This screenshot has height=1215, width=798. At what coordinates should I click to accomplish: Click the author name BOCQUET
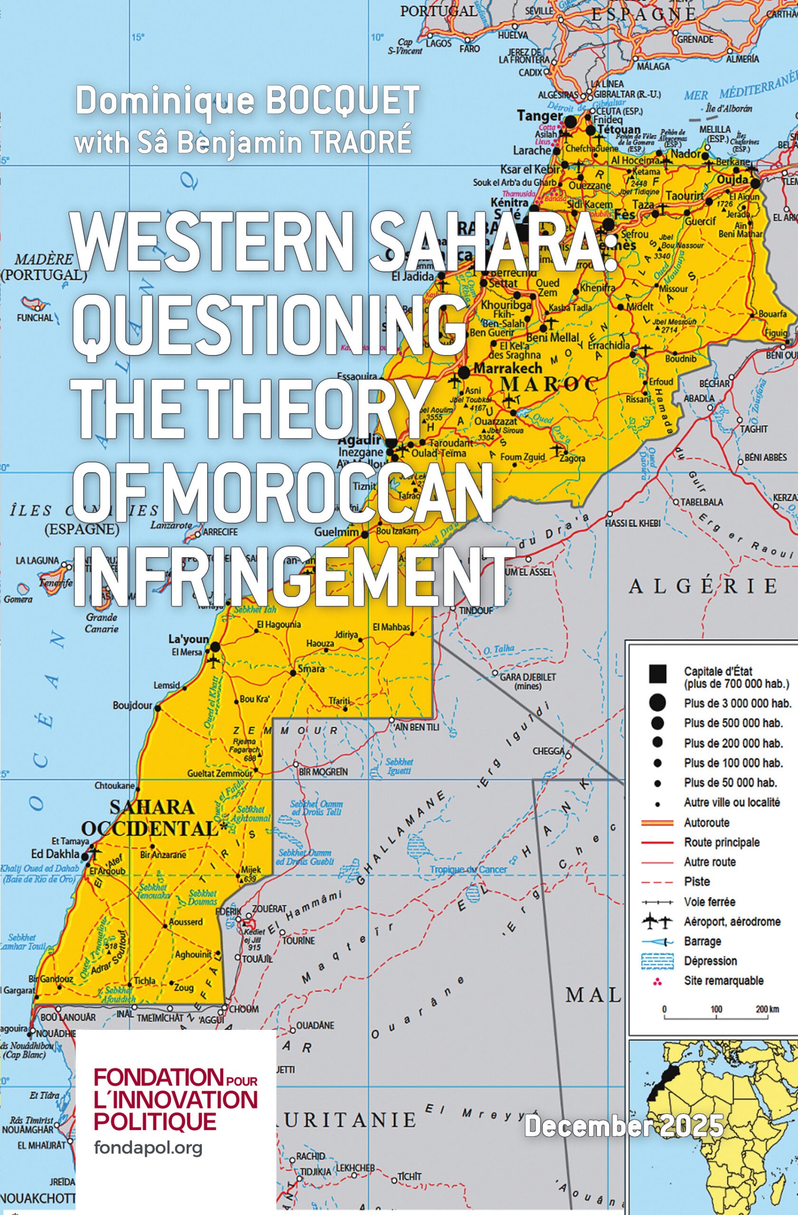pyautogui.click(x=342, y=101)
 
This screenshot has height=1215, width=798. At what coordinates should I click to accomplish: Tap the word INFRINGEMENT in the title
pyautogui.click(x=293, y=576)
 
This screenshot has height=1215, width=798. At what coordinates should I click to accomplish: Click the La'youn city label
pyautogui.click(x=189, y=639)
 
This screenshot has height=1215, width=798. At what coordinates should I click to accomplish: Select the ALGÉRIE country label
pyautogui.click(x=702, y=587)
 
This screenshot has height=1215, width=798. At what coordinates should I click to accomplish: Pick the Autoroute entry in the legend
pyautogui.click(x=706, y=822)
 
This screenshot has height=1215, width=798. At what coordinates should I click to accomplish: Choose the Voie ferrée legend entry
pyautogui.click(x=709, y=902)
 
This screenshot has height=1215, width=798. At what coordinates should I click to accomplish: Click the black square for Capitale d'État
pyautogui.click(x=657, y=674)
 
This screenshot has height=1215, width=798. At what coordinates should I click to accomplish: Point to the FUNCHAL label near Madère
pyautogui.click(x=35, y=318)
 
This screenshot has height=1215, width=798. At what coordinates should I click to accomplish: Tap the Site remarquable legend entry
pyautogui.click(x=723, y=981)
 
